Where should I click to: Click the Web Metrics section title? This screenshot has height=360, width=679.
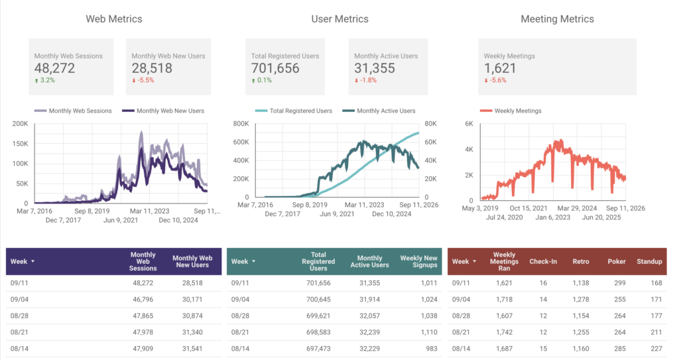tap(114, 19)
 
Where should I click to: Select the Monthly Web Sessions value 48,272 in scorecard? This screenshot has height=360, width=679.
tap(54, 68)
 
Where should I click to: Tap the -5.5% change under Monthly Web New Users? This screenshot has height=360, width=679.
tap(143, 80)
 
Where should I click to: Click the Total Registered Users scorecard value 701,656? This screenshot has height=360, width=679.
tap(275, 68)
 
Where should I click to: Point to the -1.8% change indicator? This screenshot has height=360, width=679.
tap(365, 80)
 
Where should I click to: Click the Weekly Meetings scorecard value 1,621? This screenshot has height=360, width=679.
tap(500, 68)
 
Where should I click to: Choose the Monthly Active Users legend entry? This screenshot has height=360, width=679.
tap(379, 111)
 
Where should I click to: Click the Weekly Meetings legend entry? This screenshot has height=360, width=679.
tap(511, 111)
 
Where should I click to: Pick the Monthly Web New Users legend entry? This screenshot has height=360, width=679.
tap(163, 111)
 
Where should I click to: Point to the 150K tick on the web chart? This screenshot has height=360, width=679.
tap(20, 144)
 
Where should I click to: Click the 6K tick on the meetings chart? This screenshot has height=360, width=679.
tap(469, 124)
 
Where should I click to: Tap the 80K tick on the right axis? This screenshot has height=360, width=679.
tap(430, 124)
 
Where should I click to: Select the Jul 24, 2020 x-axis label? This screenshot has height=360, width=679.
tap(504, 217)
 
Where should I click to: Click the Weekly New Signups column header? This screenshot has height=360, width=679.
tap(419, 262)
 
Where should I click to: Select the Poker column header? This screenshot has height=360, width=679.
tap(617, 262)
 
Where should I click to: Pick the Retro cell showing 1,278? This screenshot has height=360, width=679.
tap(581, 300)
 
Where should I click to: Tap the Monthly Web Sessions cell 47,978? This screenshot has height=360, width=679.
tap(143, 332)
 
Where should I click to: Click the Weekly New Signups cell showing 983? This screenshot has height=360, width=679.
tap(431, 349)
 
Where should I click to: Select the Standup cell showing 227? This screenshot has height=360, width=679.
tap(656, 349)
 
